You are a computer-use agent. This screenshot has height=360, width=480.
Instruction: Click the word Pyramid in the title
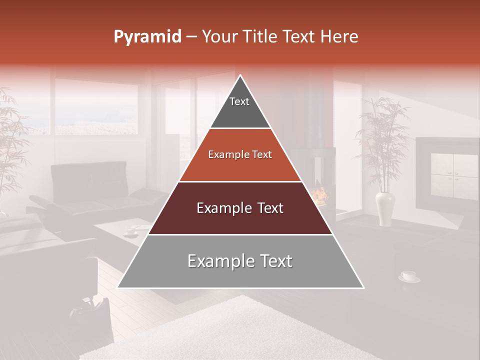[147, 37]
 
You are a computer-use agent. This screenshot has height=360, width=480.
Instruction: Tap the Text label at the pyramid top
[239, 101]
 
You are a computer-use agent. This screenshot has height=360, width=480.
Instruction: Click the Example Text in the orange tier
[240, 154]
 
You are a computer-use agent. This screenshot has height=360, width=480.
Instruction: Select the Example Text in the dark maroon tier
[240, 208]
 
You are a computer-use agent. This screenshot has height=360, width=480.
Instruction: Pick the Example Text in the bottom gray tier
[240, 261]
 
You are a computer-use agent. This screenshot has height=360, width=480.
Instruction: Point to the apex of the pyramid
[240, 76]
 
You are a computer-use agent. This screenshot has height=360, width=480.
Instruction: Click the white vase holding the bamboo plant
[385, 207]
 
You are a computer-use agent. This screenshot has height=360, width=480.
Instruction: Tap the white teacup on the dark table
[408, 275]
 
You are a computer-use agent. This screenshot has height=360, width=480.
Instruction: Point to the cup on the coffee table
[131, 231]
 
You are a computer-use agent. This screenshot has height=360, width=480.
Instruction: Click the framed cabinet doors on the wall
[454, 176]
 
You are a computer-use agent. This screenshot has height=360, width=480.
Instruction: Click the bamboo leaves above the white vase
[382, 135]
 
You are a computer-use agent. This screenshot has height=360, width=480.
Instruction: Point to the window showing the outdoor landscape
[95, 107]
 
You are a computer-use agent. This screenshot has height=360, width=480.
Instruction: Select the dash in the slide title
[191, 37]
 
